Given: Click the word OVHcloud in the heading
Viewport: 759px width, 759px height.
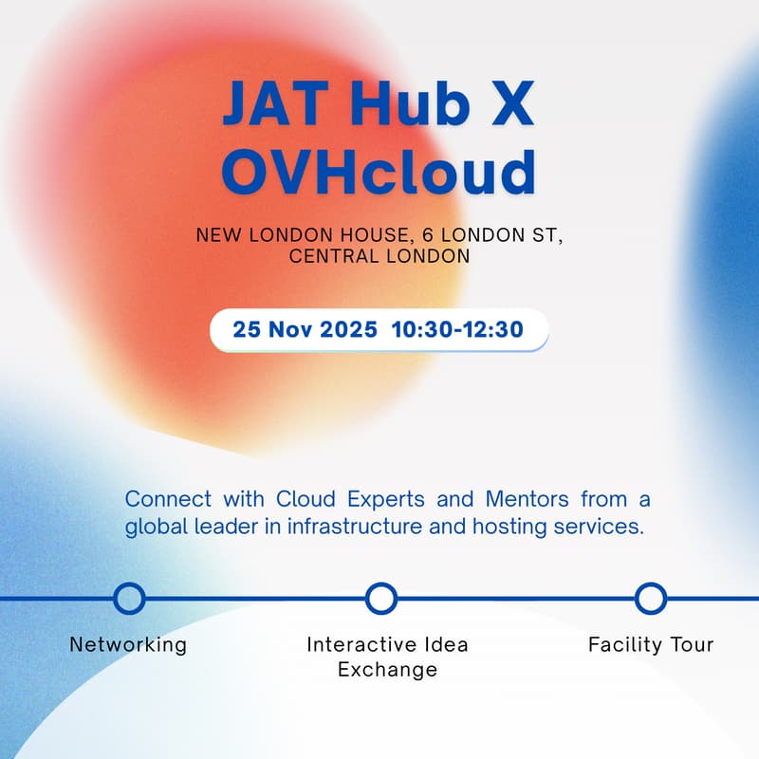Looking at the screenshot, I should click(379, 173).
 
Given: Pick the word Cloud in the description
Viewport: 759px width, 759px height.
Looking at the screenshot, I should click(301, 499).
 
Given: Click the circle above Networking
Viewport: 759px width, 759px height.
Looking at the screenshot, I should click(129, 599).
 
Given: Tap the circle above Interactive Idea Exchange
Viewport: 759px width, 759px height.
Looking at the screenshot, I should click(380, 599).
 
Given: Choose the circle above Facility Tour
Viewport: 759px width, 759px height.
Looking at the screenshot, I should click(651, 599).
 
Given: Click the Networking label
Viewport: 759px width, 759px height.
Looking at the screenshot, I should click(128, 645).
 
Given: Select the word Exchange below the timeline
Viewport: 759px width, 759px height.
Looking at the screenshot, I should click(388, 670).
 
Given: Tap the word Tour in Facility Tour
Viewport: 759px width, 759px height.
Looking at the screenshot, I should click(690, 645).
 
